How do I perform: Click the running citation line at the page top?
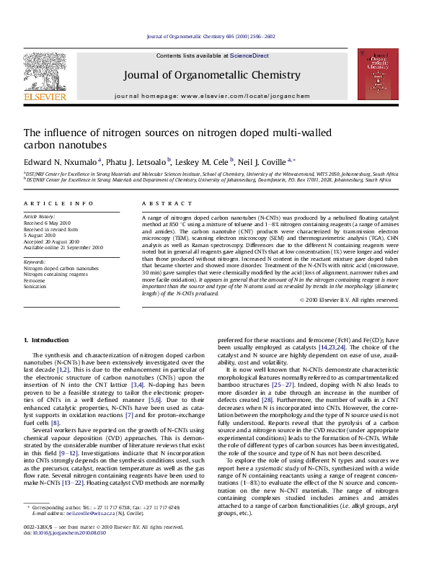pos(216,35)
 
